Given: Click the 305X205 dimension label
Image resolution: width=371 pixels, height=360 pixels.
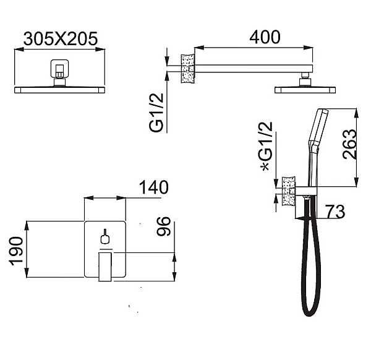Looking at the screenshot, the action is click(61, 38).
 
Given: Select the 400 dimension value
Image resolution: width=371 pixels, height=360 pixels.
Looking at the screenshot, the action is click(265, 37).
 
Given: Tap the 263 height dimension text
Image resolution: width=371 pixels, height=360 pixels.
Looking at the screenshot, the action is click(349, 144).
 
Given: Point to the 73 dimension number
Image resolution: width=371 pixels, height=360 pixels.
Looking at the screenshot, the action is click(335, 212).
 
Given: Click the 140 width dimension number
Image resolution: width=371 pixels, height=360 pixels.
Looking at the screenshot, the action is click(153, 187).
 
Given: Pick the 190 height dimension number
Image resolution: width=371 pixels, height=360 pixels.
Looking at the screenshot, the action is click(17, 251).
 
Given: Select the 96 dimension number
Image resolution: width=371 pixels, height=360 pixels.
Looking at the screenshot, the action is click(163, 226).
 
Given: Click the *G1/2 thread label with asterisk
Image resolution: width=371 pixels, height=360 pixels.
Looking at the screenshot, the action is click(267, 146).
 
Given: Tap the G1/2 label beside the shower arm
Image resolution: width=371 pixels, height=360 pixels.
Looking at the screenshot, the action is click(156, 113).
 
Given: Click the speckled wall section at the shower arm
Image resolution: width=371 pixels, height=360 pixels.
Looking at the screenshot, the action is click(188, 69).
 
